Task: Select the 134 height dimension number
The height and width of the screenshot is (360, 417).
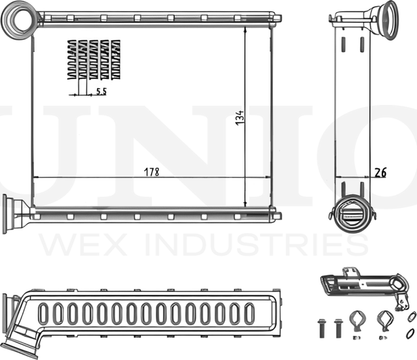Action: (239, 118)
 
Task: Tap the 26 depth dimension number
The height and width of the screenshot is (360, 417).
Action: (381, 172)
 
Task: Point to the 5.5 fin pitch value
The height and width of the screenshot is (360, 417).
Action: (101, 92)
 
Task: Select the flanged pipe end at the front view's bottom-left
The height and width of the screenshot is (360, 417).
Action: (13, 213)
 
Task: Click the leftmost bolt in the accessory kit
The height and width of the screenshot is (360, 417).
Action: (321, 325)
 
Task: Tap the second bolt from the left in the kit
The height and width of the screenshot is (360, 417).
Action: (338, 325)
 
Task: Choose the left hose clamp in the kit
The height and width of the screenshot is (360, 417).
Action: (358, 322)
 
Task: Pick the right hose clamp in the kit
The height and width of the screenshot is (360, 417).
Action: (384, 322)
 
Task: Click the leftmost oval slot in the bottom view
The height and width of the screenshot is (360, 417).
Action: (44, 314)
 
